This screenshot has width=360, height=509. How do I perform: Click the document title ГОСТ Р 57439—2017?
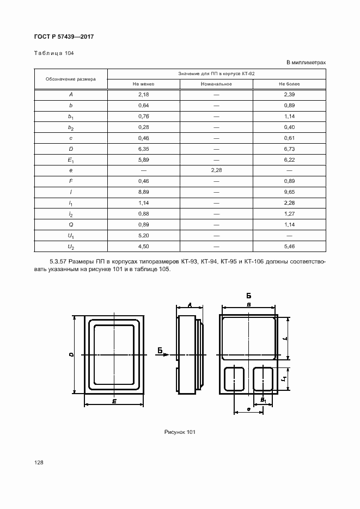click(x=60, y=36)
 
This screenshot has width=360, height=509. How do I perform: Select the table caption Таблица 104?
click(x=54, y=53)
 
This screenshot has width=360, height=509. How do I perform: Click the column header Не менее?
click(x=144, y=84)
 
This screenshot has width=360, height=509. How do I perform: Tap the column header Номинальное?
click(x=216, y=84)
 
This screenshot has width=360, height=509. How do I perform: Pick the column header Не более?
click(x=289, y=84)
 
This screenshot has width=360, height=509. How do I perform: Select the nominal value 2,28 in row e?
click(x=216, y=170)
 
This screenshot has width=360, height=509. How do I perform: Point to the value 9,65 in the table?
click(x=289, y=192)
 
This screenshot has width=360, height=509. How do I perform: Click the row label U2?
click(x=71, y=246)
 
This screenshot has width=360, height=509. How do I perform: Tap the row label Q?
click(x=71, y=224)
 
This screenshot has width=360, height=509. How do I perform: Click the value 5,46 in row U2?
click(x=289, y=246)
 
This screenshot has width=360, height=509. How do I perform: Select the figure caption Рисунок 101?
click(x=180, y=432)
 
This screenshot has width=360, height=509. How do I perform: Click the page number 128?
click(x=39, y=462)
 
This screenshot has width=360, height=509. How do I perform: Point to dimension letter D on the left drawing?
click(x=71, y=354)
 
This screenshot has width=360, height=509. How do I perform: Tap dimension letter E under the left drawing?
click(x=114, y=401)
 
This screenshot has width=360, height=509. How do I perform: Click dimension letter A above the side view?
click(x=189, y=305)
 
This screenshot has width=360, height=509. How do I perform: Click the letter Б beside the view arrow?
click(x=160, y=350)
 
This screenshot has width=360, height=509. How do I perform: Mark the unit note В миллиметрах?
click(x=306, y=63)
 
